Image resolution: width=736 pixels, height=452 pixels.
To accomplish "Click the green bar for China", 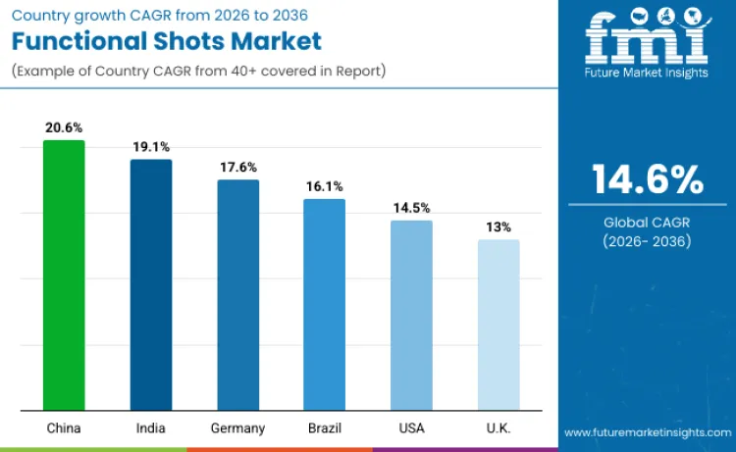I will pos(64,276).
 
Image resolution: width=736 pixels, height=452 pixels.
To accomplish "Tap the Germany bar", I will pos(237,295).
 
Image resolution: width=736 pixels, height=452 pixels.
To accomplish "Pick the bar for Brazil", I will pos(324,305).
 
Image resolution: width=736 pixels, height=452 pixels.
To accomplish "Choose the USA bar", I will pos(411,316).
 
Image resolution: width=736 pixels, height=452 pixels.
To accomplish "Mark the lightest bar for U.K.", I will pos(499,325).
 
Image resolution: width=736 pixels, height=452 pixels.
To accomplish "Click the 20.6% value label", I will pos(64,127).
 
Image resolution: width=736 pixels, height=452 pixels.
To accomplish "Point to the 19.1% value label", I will pos(151,147).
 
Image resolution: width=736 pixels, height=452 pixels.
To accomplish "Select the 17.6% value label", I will pos(237,167).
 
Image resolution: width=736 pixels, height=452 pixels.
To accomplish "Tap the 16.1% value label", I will pos(324,186).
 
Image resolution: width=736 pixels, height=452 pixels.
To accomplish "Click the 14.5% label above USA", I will pos(411,208).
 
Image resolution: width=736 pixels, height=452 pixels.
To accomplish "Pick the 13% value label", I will pos(499,227).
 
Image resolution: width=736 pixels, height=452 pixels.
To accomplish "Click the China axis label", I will pos(64,428).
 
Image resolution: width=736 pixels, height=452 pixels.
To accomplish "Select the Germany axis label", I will pos(237,428).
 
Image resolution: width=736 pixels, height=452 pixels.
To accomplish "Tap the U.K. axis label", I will pos(499,428).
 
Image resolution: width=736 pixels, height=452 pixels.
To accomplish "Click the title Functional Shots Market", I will pos(167,41).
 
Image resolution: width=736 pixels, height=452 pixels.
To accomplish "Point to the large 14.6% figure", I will pos(647,180).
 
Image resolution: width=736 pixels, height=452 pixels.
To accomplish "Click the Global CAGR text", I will pos(647,223).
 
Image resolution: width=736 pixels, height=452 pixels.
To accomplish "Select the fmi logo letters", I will pos(647,38).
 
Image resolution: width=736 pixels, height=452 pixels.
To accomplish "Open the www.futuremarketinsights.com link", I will pos(647,432).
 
